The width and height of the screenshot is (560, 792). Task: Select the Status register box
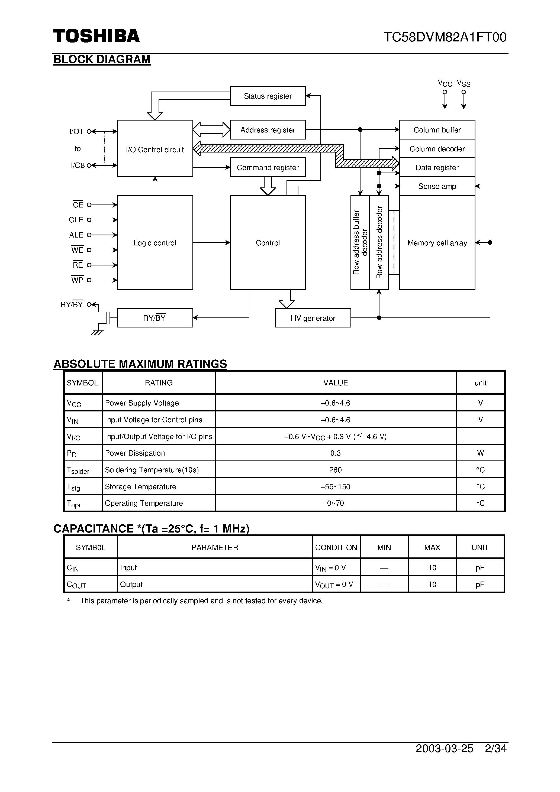coord(268,96)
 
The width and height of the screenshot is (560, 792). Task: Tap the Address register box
coord(268,130)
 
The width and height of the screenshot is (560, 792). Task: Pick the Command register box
coord(268,167)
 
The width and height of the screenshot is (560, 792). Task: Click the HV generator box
coord(313,318)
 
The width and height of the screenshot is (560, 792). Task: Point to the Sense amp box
coord(437,186)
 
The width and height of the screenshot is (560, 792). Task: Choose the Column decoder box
coord(437,149)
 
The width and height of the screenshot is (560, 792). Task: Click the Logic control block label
coord(155,243)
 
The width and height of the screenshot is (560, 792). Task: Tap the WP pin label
coord(77,280)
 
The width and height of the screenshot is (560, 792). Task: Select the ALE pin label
coord(76,235)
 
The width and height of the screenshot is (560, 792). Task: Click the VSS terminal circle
coord(464,92)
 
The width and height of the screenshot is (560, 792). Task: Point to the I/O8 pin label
coord(78,165)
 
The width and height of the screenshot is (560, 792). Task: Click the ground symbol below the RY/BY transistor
coord(97,333)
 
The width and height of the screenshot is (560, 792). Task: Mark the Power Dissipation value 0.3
coord(335,453)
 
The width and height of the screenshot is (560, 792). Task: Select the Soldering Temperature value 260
coord(335,470)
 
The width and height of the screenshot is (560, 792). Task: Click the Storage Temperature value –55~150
coord(335,486)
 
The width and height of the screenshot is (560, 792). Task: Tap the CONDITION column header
coord(336,547)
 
